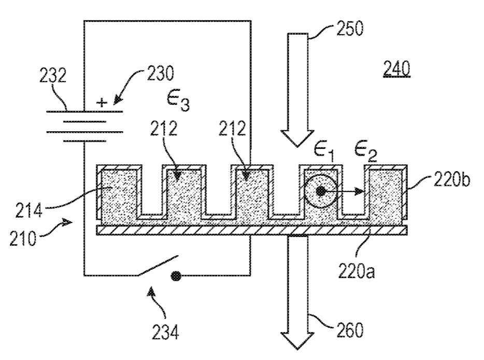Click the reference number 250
pyautogui.click(x=350, y=29)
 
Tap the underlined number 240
pyautogui.click(x=396, y=68)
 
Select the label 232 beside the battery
pyautogui.click(x=53, y=75)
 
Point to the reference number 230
pyautogui.click(x=160, y=74)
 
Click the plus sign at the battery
pyautogui.click(x=102, y=102)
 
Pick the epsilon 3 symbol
pyautogui.click(x=178, y=100)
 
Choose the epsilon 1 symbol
pyautogui.click(x=324, y=152)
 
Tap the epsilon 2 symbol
pyautogui.click(x=365, y=152)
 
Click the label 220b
pyautogui.click(x=451, y=179)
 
